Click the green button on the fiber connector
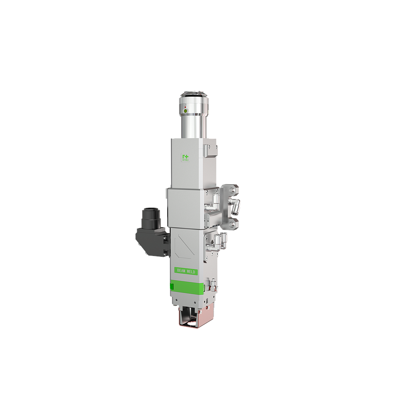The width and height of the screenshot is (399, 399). click(185, 111)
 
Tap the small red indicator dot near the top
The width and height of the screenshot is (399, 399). click(185, 107)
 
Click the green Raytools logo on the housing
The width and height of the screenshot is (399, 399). click(185, 157)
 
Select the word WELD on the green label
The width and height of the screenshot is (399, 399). click(192, 272)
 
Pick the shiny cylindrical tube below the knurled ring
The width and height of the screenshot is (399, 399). click(194, 125)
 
